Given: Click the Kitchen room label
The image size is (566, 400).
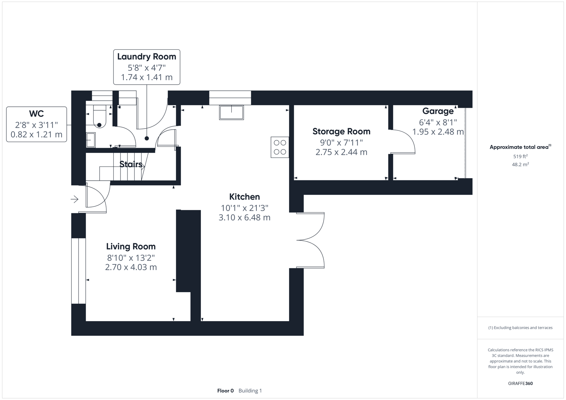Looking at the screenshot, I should coord(244,197).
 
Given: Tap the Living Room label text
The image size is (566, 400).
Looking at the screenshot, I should coord(131,247).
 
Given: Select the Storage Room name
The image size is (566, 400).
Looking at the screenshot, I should coord(341,131).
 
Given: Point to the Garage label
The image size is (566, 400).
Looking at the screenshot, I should coord(438,111).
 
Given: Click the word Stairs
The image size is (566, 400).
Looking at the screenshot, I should coord(130,164).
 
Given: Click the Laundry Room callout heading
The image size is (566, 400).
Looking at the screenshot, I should coord(146,57).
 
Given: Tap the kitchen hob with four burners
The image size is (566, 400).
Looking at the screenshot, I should coord(280,147).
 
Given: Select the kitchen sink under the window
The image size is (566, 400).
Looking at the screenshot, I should coord(231,112).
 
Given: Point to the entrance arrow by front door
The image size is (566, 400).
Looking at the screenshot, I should coord(75,200).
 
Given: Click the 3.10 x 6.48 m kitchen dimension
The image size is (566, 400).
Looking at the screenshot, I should coord(244,218).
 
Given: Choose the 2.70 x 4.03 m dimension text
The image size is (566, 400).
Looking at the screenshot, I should coord(131,267).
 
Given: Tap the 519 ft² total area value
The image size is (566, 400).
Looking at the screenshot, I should coord(520,157).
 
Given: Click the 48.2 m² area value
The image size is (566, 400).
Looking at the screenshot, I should coord(520,164).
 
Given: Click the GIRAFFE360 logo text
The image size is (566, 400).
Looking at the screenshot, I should coord(520,384).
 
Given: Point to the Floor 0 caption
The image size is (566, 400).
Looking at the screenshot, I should coord(225,391).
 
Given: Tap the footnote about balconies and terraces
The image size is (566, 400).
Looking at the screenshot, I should coord(520,328).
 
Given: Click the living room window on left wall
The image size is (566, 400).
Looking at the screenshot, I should coord(78,271).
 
